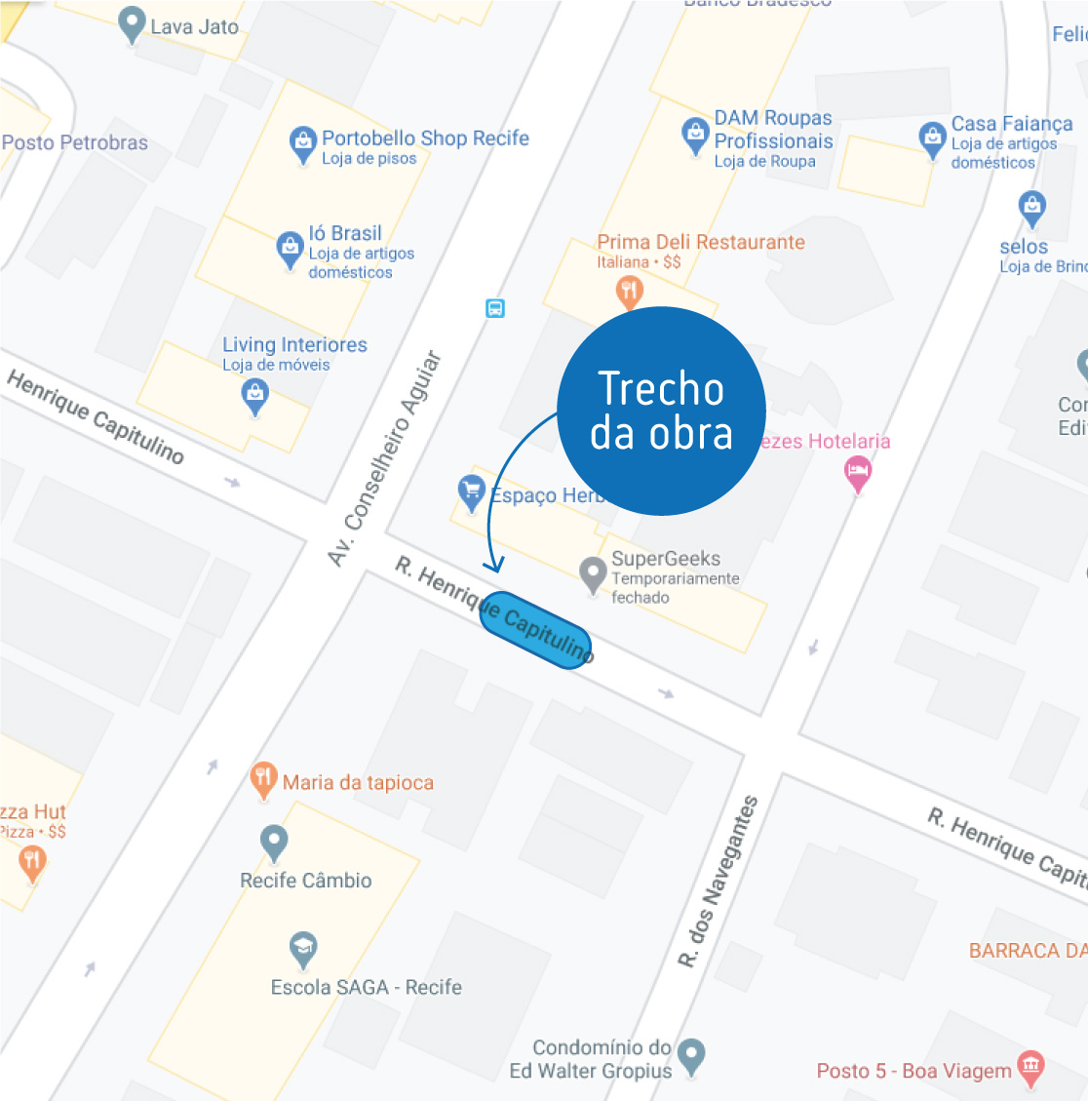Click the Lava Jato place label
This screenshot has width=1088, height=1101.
coord(194,27)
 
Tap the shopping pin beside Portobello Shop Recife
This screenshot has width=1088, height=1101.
coord(303,143)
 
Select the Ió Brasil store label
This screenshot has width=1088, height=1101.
coord(345,233)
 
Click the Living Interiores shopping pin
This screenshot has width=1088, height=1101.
coord(254,395)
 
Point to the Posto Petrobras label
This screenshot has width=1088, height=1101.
coord(75,142)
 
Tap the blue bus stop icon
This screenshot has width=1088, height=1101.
coord(495,309)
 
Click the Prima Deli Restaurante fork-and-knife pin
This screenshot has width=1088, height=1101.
coord(630,290)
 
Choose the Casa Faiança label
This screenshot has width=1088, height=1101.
coord(1012,124)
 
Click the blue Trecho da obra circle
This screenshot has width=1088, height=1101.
coord(661,411)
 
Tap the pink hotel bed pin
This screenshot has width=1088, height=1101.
coord(858,474)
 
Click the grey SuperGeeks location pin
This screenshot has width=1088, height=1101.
coord(593,573)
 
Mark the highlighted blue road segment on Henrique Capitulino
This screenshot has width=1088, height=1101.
coord(536,630)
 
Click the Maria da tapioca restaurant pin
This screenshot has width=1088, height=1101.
coord(263,779)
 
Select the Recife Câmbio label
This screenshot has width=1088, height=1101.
coord(306,881)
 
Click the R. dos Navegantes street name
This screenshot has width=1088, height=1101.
coord(719,882)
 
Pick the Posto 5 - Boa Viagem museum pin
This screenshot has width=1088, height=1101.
coord(1030,1068)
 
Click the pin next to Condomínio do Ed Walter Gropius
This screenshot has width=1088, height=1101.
coord(691,1055)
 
